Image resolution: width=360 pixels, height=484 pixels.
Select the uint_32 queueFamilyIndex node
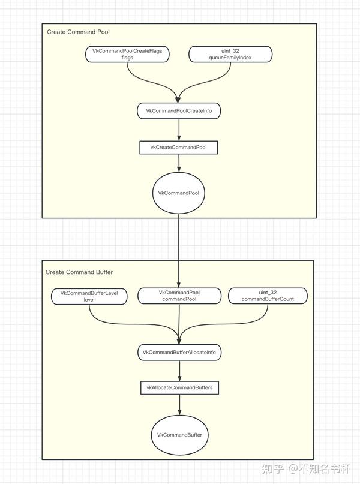[230, 55]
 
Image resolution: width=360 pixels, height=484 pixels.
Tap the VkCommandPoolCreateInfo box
[179, 111]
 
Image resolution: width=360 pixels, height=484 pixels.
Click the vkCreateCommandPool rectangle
[179, 146]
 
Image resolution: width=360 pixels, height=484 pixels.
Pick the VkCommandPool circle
[179, 193]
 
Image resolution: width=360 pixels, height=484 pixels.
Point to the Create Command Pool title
[78, 31]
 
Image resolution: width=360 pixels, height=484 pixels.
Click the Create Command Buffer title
[79, 272]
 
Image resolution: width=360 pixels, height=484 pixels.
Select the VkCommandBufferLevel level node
[89, 296]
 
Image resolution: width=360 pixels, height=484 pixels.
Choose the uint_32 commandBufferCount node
[268, 296]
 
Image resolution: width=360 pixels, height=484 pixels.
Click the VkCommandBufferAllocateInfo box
[179, 353]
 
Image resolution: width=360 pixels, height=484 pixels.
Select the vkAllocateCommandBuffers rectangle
[179, 388]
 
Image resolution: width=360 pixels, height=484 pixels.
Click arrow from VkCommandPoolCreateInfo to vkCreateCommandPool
[179, 129]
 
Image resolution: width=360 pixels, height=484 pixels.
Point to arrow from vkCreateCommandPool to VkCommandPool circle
[179, 163]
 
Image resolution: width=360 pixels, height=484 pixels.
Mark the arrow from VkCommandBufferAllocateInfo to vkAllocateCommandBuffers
[179, 371]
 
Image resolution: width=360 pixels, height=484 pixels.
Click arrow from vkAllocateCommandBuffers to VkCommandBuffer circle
[179, 405]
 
